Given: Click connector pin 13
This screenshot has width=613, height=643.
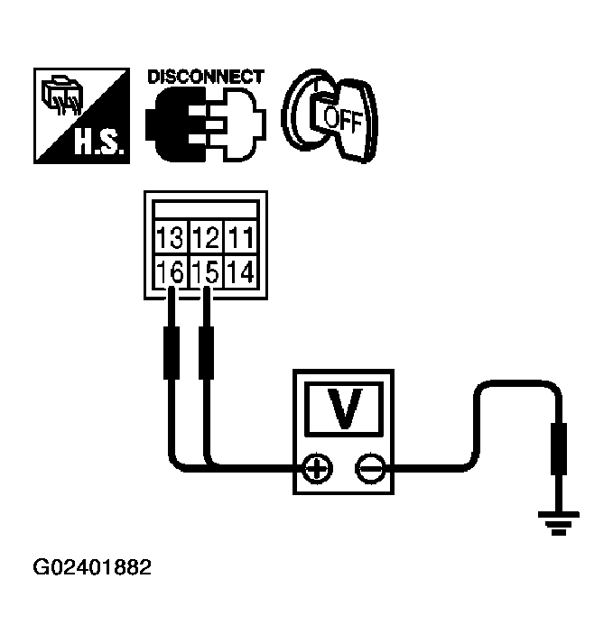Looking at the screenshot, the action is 170,240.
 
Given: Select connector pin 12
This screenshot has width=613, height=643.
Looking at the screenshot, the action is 206,240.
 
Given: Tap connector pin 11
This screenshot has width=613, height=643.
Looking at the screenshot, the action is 240,240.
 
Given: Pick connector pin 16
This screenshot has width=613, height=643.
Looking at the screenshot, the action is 170,270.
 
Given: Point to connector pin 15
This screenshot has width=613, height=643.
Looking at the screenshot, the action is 206,270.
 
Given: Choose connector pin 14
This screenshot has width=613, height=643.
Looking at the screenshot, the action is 240,270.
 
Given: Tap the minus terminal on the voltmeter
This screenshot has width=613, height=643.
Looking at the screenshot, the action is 369,468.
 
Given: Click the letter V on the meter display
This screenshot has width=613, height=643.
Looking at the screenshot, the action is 343,409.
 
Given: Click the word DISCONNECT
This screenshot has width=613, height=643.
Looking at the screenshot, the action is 206,77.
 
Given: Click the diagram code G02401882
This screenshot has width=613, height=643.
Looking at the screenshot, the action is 93,568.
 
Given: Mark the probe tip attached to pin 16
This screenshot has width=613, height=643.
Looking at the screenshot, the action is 170,352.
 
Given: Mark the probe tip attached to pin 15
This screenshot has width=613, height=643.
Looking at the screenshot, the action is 206,352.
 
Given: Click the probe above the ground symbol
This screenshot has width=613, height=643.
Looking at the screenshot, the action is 560,448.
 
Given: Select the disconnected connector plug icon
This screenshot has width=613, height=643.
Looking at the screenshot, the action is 206,123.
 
